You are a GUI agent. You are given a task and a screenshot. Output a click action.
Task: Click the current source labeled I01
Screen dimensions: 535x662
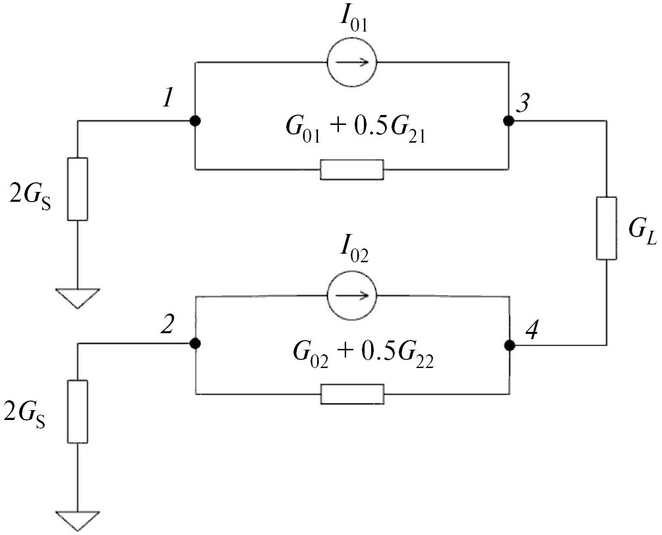tap(352, 62)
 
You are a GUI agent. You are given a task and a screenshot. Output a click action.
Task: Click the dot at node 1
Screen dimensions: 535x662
tap(195, 121)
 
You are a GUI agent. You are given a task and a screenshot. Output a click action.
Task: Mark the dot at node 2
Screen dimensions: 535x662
tap(195, 344)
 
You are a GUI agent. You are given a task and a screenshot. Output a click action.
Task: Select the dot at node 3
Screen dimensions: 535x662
tap(508, 121)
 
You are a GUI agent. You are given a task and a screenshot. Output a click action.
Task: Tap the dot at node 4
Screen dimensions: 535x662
tap(508, 344)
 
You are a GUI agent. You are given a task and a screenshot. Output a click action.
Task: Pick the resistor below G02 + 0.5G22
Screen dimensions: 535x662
tap(352, 394)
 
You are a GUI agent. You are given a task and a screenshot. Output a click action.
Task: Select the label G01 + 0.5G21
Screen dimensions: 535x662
tap(353, 135)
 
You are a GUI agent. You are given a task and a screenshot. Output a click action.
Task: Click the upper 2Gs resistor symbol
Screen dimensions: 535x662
tap(78, 189)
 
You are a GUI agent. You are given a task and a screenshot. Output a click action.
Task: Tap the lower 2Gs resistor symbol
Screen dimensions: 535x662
tap(78, 411)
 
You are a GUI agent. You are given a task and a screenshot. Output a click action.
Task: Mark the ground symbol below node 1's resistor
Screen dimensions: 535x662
tap(78, 299)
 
